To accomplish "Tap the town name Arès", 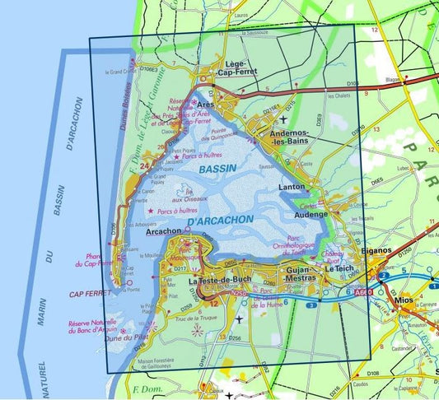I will [x=205, y=106].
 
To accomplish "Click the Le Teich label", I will [x=339, y=269].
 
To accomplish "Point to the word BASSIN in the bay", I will [x=217, y=168].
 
